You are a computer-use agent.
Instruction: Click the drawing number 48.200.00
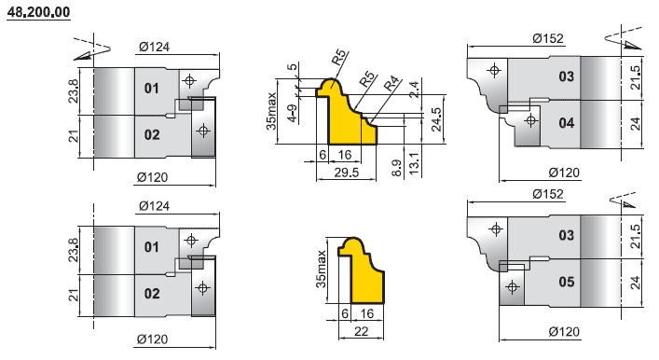[x=38, y=12]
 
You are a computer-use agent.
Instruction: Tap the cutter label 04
[x=566, y=123]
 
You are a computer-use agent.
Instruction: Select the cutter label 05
[x=566, y=282]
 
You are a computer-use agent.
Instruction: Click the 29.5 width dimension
[x=347, y=173]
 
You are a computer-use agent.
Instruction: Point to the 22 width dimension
[x=361, y=331]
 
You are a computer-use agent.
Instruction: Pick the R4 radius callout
[x=391, y=84]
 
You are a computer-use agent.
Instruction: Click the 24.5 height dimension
[x=436, y=119]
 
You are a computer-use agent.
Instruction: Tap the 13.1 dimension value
[x=415, y=164]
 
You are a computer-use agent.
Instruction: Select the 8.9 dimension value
[x=397, y=167]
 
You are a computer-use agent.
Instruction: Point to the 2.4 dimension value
[x=414, y=90]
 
